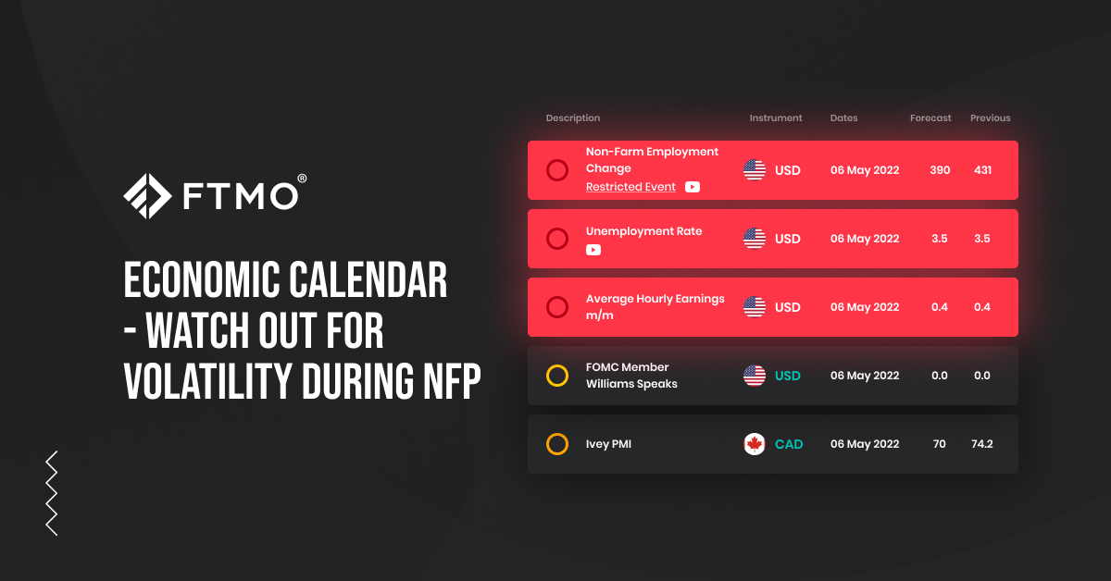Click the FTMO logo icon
[147, 196]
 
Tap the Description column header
[573, 118]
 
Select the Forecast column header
[930, 118]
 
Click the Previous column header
[991, 118]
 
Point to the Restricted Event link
[630, 187]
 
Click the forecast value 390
[940, 170]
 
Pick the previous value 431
[982, 170]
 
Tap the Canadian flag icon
[755, 444]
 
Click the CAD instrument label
[789, 444]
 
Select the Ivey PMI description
[608, 444]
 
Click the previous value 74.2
[982, 444]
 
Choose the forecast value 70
[940, 444]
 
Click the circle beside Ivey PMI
[557, 444]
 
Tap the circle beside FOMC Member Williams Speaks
[557, 376]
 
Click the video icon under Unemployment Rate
[593, 250]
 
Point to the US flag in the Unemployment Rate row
[755, 239]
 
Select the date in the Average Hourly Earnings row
[865, 307]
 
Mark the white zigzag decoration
[52, 493]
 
